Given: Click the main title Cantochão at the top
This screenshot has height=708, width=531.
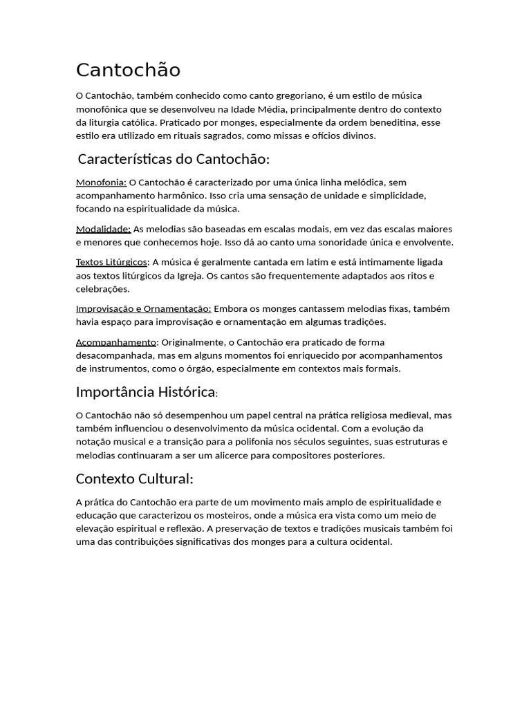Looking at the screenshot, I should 128,70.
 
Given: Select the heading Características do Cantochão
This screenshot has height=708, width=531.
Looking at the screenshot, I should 174,159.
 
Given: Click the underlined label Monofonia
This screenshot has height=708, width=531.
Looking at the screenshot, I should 101,183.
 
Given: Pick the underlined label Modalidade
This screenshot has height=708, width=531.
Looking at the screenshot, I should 103,229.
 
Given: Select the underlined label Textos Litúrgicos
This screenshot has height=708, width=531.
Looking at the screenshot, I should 111,262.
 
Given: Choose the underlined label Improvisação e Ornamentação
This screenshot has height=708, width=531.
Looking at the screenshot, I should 144,308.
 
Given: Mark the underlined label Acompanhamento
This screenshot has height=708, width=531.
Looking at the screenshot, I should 116,342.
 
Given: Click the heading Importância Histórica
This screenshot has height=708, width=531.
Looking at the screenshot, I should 146,392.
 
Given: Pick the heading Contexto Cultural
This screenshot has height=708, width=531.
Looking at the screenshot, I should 134,478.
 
